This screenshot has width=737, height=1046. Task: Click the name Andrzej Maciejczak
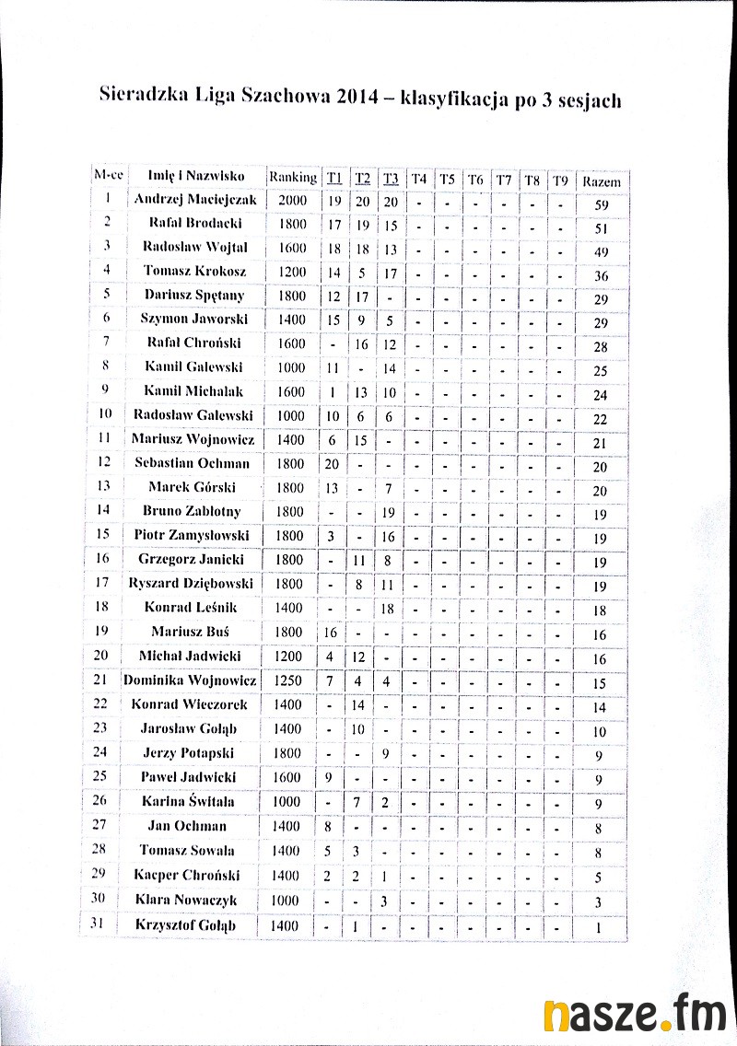pos(195,199)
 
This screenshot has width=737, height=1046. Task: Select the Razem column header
pos(602,181)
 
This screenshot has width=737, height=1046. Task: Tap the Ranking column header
pos(292,177)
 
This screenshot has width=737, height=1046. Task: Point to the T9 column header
pos(560,180)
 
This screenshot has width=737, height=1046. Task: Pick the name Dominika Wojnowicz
pos(190,680)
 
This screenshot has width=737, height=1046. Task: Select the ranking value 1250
pos(287,681)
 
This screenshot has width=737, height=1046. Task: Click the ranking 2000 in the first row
pos(292,200)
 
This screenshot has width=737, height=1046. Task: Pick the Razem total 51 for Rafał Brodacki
pos(602,228)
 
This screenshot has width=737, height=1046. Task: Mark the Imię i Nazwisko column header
pos(195,175)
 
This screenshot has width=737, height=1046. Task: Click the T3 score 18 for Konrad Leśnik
pos(388,608)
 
